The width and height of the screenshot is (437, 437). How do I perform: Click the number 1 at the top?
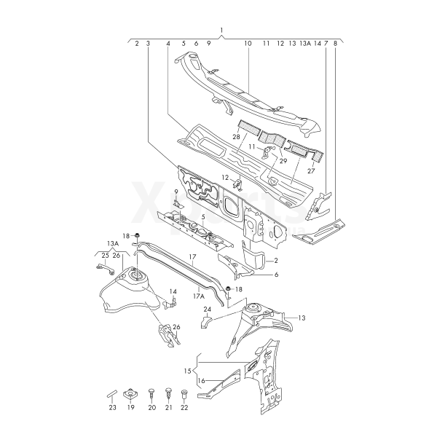pos(221,30)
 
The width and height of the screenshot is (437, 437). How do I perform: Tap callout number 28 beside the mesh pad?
pos(236,137)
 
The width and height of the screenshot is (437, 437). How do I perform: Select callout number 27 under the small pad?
pos(311,171)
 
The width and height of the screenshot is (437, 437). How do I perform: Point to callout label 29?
pos(283,161)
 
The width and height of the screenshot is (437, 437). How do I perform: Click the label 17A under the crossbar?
pos(198,296)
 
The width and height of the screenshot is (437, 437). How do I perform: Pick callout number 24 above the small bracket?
pos(208,309)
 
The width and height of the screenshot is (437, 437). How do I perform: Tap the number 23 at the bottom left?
pos(112,407)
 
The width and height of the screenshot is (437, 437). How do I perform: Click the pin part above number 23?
pos(112,395)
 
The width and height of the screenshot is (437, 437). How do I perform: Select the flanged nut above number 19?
pos(130,394)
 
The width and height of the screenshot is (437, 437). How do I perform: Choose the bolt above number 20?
pos(151,395)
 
